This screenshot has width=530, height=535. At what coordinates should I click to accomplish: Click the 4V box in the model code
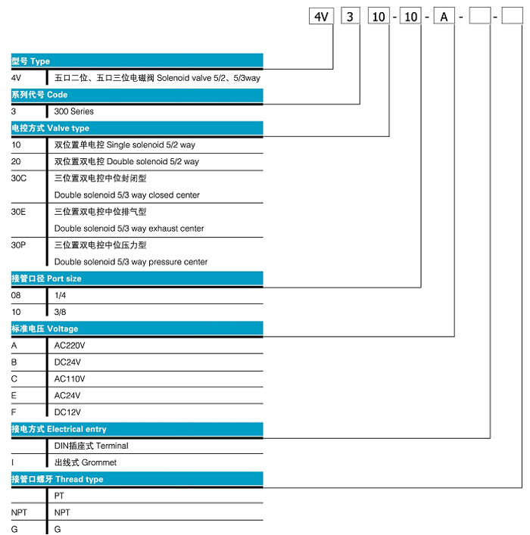tap(321, 17)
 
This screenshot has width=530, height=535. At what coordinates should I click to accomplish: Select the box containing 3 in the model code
tap(351, 17)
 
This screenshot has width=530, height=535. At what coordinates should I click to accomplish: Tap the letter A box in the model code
tap(444, 17)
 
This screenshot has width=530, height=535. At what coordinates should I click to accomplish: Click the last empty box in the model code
tap(512, 17)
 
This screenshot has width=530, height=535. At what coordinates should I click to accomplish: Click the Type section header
tap(137, 61)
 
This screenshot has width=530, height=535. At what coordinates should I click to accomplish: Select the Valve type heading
tap(137, 129)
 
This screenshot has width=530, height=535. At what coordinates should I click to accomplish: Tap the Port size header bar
tap(137, 278)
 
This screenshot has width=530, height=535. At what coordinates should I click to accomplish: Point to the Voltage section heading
tap(137, 328)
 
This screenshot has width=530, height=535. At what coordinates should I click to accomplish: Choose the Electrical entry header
tap(137, 429)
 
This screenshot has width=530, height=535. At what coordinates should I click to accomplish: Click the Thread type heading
tap(137, 480)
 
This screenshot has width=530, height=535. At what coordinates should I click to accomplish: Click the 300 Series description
tap(73, 111)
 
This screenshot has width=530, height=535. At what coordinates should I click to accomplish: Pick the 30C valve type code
tap(18, 179)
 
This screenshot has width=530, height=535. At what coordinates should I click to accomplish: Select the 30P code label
tap(18, 245)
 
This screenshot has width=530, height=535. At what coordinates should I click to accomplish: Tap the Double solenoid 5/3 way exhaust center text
tap(129, 229)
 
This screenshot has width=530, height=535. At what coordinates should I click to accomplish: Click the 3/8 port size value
tap(60, 312)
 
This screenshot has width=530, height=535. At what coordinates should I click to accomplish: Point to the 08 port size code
tap(16, 295)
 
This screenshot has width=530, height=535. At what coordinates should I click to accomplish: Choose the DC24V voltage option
tap(67, 362)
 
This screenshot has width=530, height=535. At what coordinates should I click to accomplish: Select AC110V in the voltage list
tap(70, 378)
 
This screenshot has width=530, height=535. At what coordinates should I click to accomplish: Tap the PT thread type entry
tap(59, 496)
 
